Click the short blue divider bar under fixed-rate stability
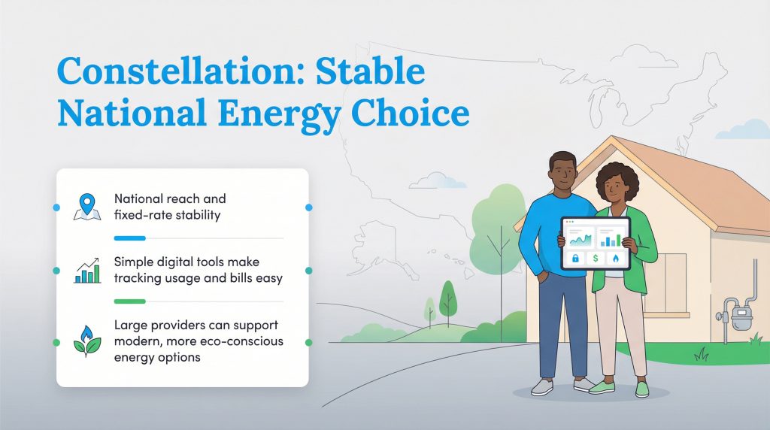pos(129,238)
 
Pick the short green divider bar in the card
pos(129,301)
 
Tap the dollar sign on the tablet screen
pos(596,258)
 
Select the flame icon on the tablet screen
pos(615,258)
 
